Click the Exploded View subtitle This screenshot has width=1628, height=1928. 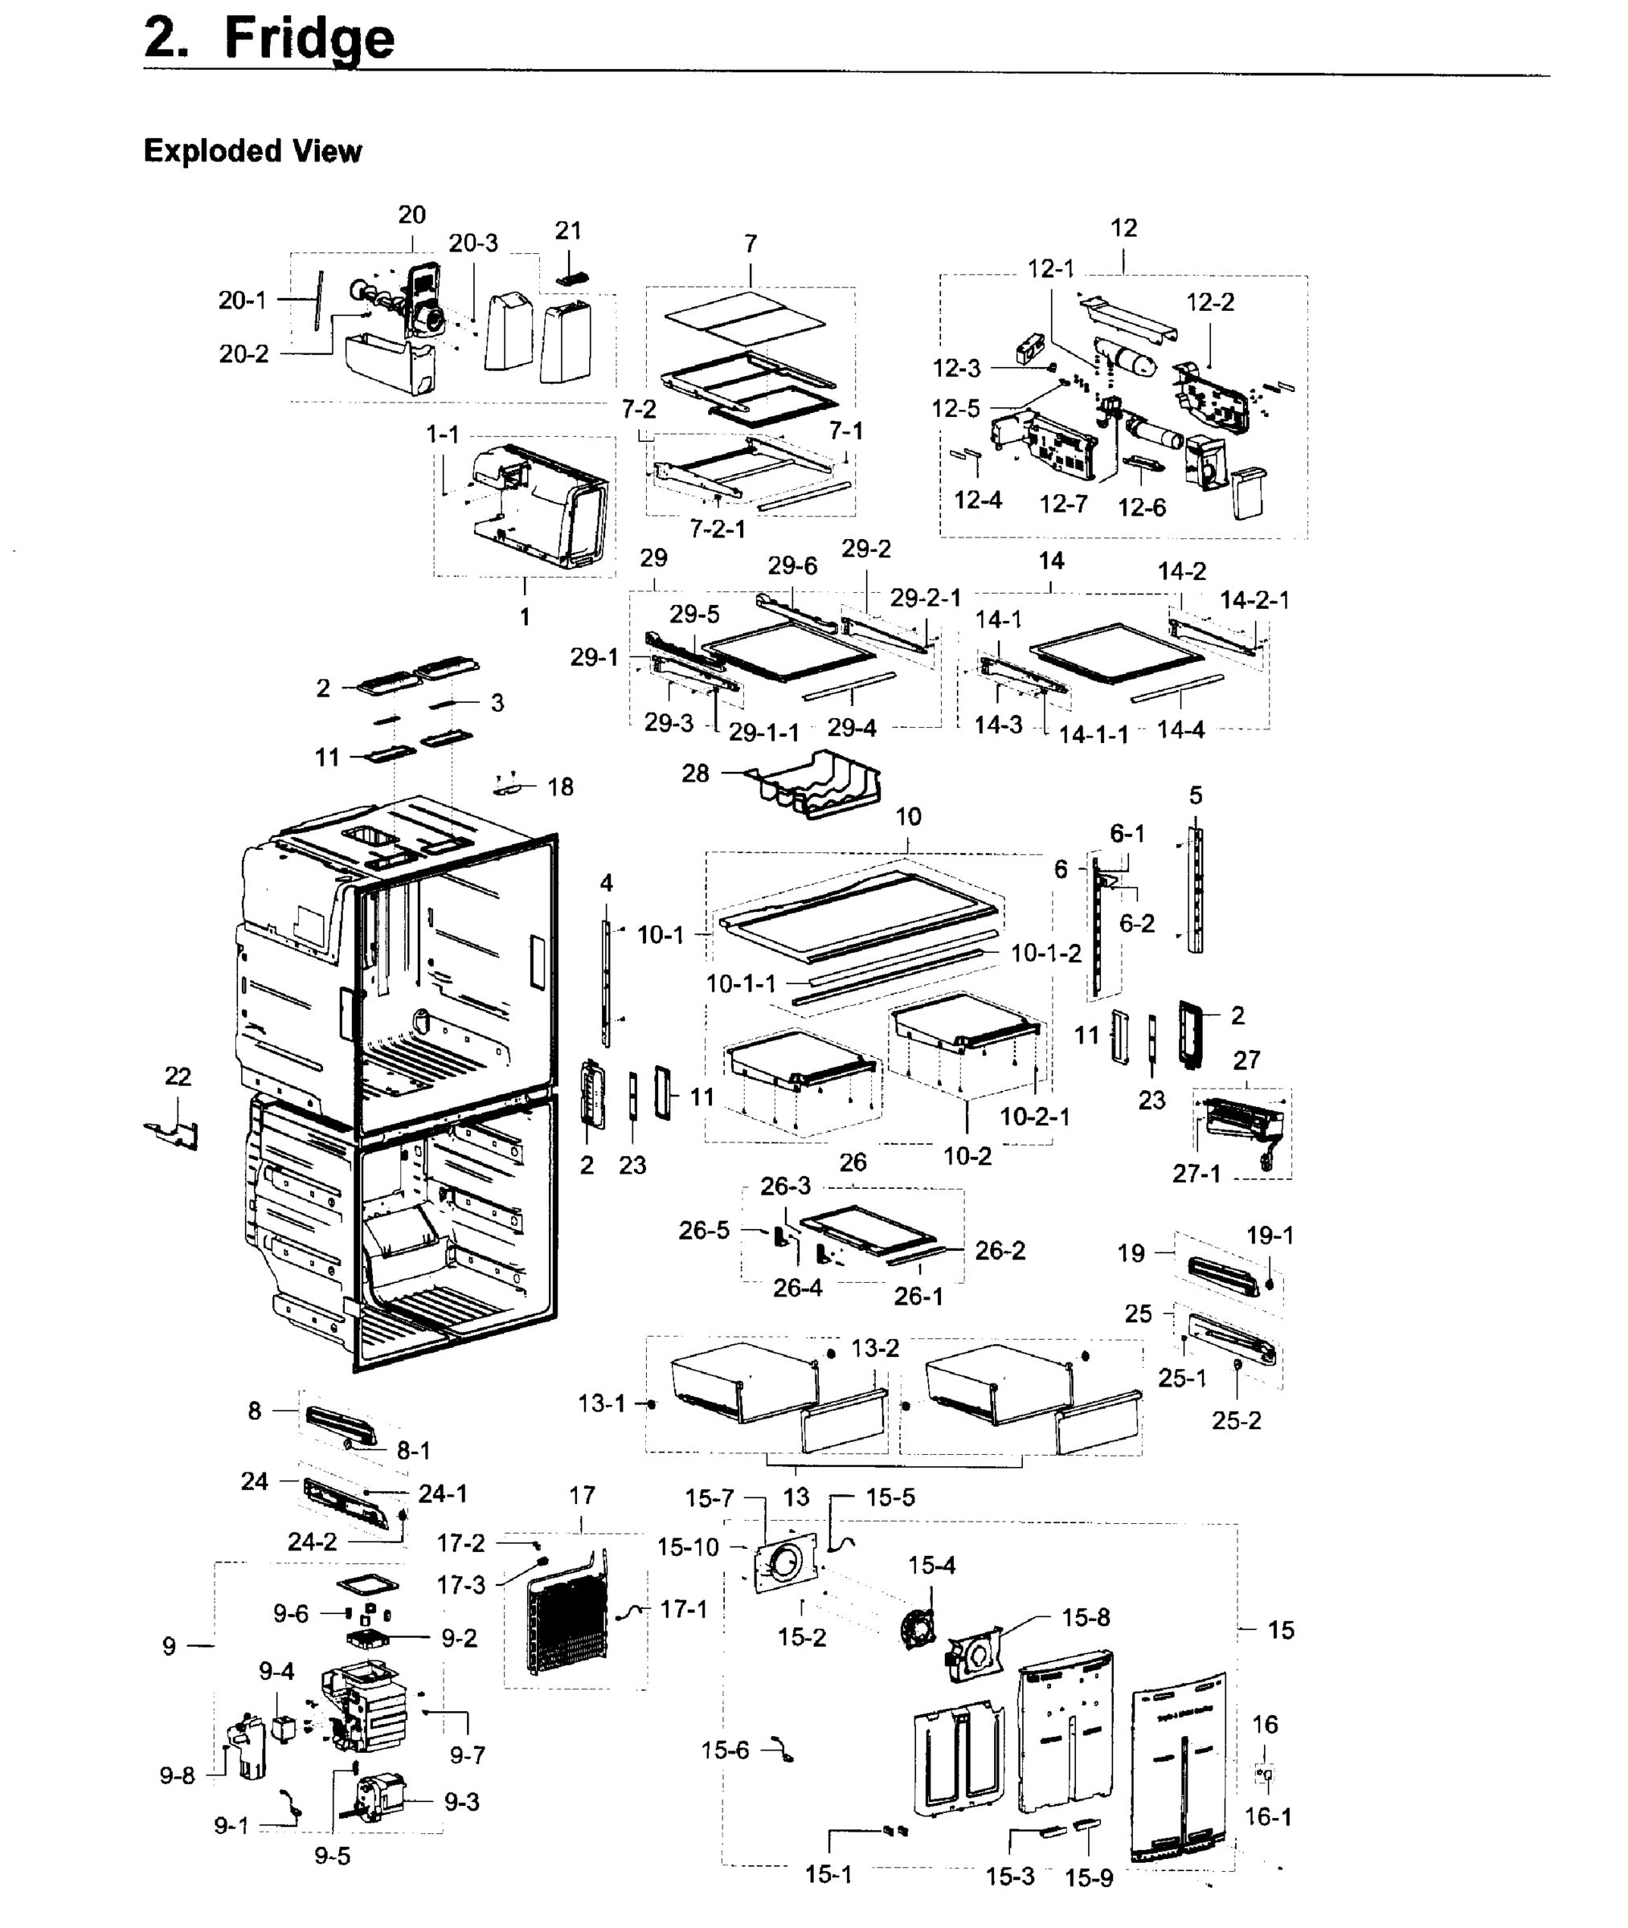pyautogui.click(x=252, y=150)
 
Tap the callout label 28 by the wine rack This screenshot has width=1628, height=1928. pyautogui.click(x=695, y=773)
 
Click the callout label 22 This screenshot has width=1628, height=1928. pyautogui.click(x=178, y=1076)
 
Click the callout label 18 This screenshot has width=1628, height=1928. pyautogui.click(x=560, y=787)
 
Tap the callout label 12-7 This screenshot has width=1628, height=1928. pyautogui.click(x=1062, y=504)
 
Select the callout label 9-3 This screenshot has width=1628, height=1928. pyautogui.click(x=461, y=1802)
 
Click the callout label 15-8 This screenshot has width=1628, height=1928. pyautogui.click(x=1086, y=1617)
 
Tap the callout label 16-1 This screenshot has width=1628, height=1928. pyautogui.click(x=1268, y=1816)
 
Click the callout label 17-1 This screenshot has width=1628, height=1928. pyautogui.click(x=683, y=1609)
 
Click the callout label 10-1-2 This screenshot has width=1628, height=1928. pyautogui.click(x=1045, y=953)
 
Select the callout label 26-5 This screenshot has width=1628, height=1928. pyautogui.click(x=703, y=1230)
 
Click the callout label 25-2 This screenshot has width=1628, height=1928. pyautogui.click(x=1236, y=1419)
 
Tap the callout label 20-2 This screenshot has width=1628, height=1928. pyautogui.click(x=243, y=354)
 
